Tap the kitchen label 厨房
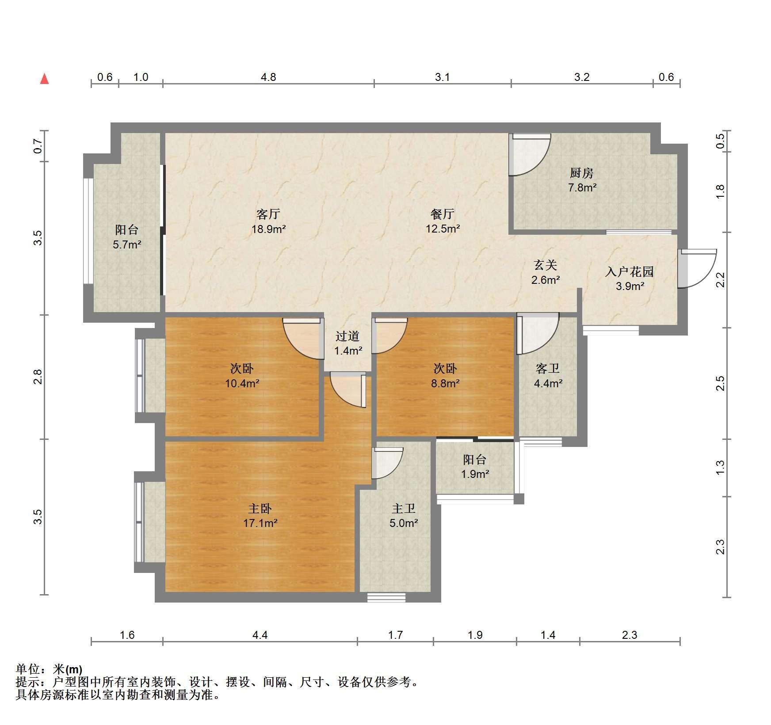tap(581, 173)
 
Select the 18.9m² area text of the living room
tap(268, 229)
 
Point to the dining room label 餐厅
tap(443, 214)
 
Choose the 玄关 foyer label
tap(545, 265)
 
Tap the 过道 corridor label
tap(347, 336)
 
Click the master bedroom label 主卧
tap(260, 508)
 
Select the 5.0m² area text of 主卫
tap(404, 523)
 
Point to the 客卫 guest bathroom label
tap(547, 368)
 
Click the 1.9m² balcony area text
tap(475, 474)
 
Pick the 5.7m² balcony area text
tap(127, 244)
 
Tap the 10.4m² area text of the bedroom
tap(242, 383)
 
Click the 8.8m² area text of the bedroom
tap(445, 383)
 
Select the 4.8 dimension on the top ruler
tap(268, 77)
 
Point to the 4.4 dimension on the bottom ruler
tap(260, 635)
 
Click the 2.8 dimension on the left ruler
tap(38, 377)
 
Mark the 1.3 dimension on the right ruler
tap(720, 467)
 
